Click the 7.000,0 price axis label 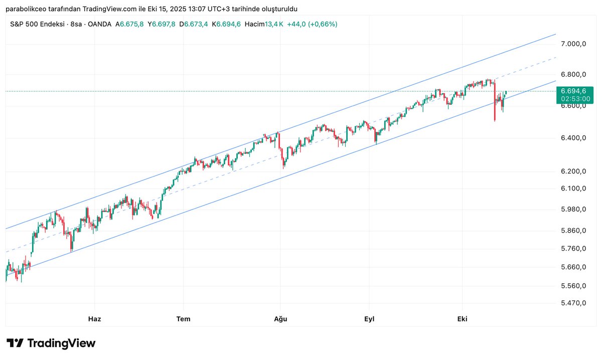click(574, 44)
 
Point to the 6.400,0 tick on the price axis click(574, 138)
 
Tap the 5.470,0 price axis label click(574, 303)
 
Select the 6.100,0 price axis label click(574, 189)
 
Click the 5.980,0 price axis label click(574, 209)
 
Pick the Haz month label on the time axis click(94, 319)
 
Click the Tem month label click(183, 319)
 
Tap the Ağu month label click(280, 319)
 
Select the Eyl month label click(369, 319)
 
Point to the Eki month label click(462, 319)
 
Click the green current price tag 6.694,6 click(574, 91)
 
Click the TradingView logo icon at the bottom click(15, 343)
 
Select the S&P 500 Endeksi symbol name click(38, 24)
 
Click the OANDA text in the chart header click(99, 24)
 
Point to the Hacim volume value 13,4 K click(274, 24)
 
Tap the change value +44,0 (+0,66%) click(312, 24)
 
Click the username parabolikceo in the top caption click(25, 9)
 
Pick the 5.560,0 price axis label click(574, 286)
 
